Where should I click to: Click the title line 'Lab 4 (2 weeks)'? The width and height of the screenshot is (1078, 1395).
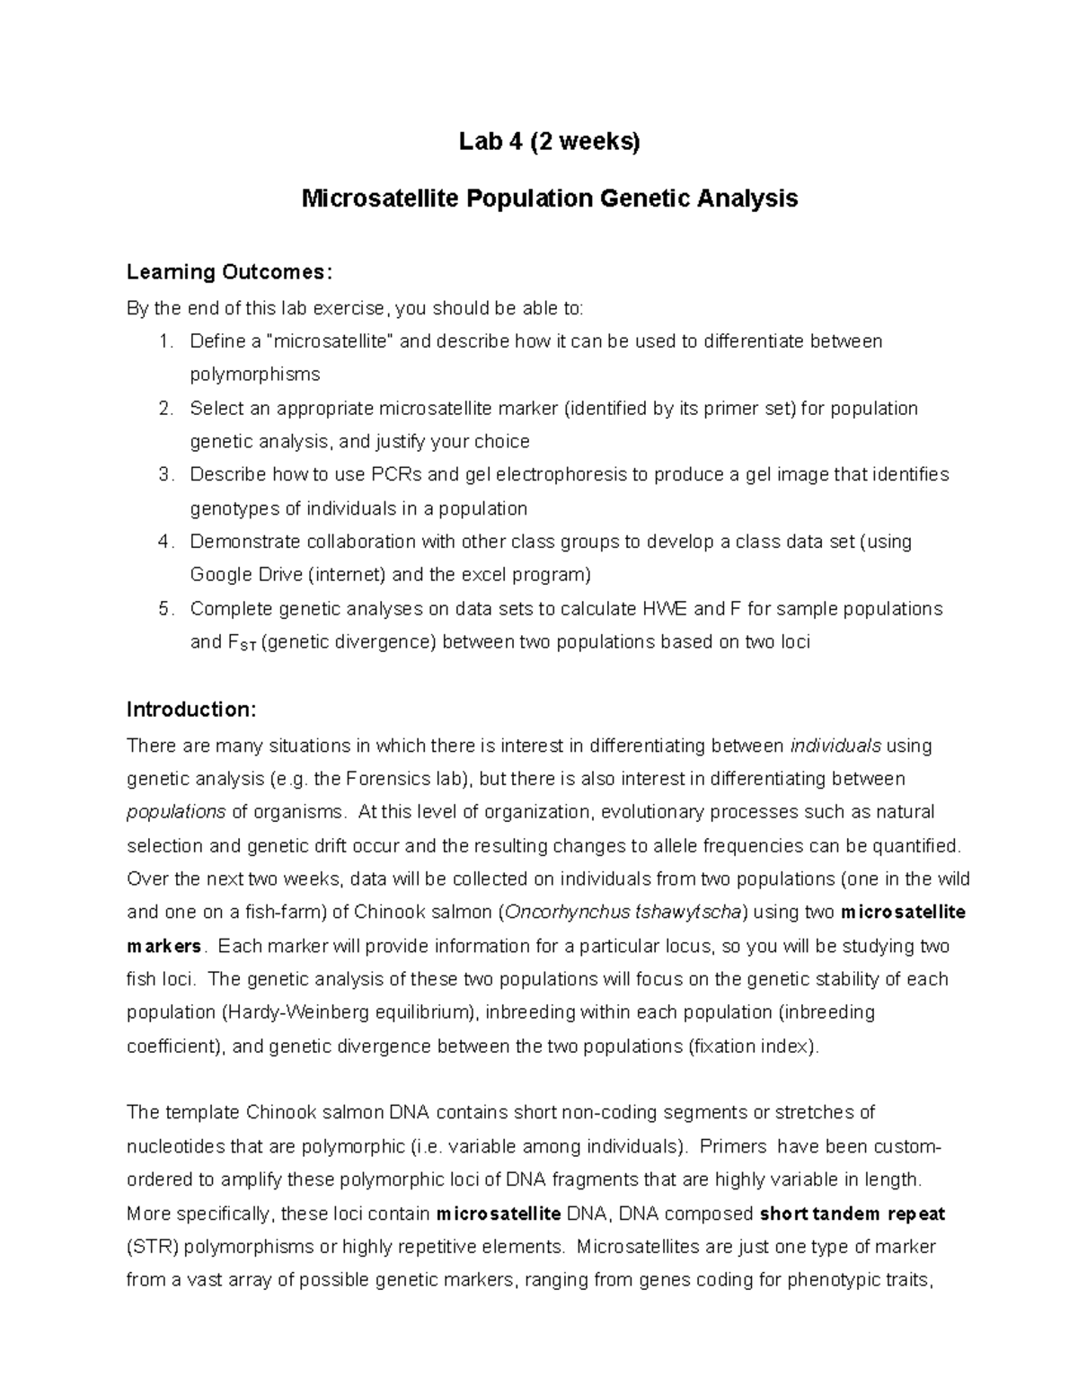click(x=549, y=142)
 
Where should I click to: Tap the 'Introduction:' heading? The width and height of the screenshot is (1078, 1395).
click(x=191, y=710)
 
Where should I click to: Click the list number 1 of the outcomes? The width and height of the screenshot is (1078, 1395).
click(x=163, y=341)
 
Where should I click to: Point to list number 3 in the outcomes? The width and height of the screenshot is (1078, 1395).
click(x=163, y=474)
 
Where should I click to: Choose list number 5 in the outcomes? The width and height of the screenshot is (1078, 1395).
click(x=163, y=609)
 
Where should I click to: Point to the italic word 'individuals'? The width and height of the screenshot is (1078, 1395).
click(x=835, y=746)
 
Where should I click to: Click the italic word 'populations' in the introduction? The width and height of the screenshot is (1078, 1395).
click(x=176, y=812)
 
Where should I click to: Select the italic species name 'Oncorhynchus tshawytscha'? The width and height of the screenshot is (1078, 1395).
click(x=624, y=913)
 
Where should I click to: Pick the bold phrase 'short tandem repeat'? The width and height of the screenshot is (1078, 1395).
click(x=853, y=1214)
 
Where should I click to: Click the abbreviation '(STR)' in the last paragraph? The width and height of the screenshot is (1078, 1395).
click(x=152, y=1247)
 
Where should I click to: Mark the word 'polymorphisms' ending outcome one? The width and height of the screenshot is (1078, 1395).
click(x=254, y=375)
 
